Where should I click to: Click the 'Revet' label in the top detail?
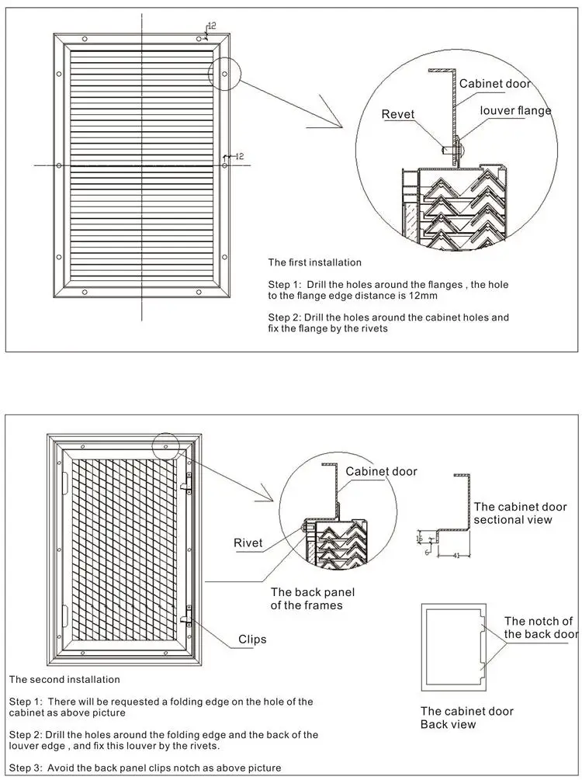click(397, 114)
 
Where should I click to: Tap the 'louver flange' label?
click(515, 110)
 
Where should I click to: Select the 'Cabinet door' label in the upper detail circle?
click(494, 84)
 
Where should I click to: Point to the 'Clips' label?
click(252, 639)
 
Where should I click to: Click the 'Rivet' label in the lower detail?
click(248, 543)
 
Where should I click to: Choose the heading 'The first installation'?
click(315, 262)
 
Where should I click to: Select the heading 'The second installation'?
click(64, 679)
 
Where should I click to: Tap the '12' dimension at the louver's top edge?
click(212, 26)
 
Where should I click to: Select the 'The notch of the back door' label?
click(540, 627)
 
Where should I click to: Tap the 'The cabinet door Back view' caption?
click(466, 717)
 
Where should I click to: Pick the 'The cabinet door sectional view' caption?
click(520, 513)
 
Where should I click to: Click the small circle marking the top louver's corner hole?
click(224, 75)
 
